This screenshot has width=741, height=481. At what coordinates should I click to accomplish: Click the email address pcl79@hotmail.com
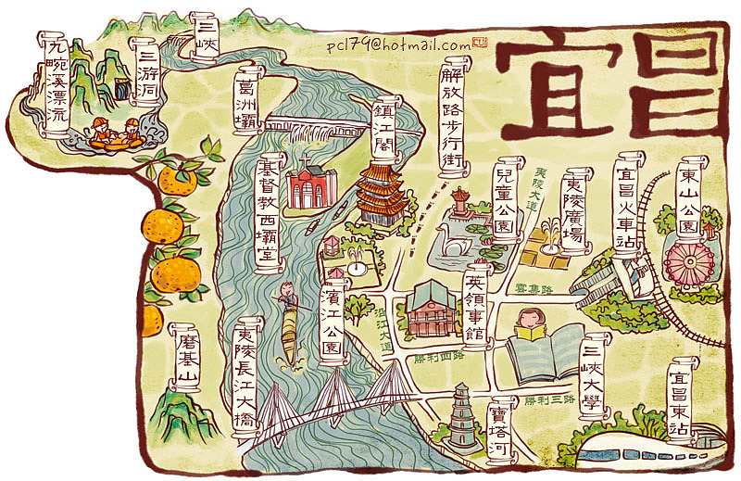click(x=398, y=44)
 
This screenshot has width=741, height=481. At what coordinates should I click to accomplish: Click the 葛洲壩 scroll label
click(x=247, y=100)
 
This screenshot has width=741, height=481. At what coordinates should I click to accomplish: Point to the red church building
click(x=307, y=186)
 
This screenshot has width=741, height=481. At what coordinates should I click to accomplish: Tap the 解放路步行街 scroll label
click(x=452, y=117)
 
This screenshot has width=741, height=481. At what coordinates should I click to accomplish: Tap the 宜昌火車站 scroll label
click(x=629, y=202)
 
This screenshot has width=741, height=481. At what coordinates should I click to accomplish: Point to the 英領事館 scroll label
click(x=475, y=306)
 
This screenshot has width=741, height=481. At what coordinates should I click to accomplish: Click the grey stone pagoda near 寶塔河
click(x=460, y=416)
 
